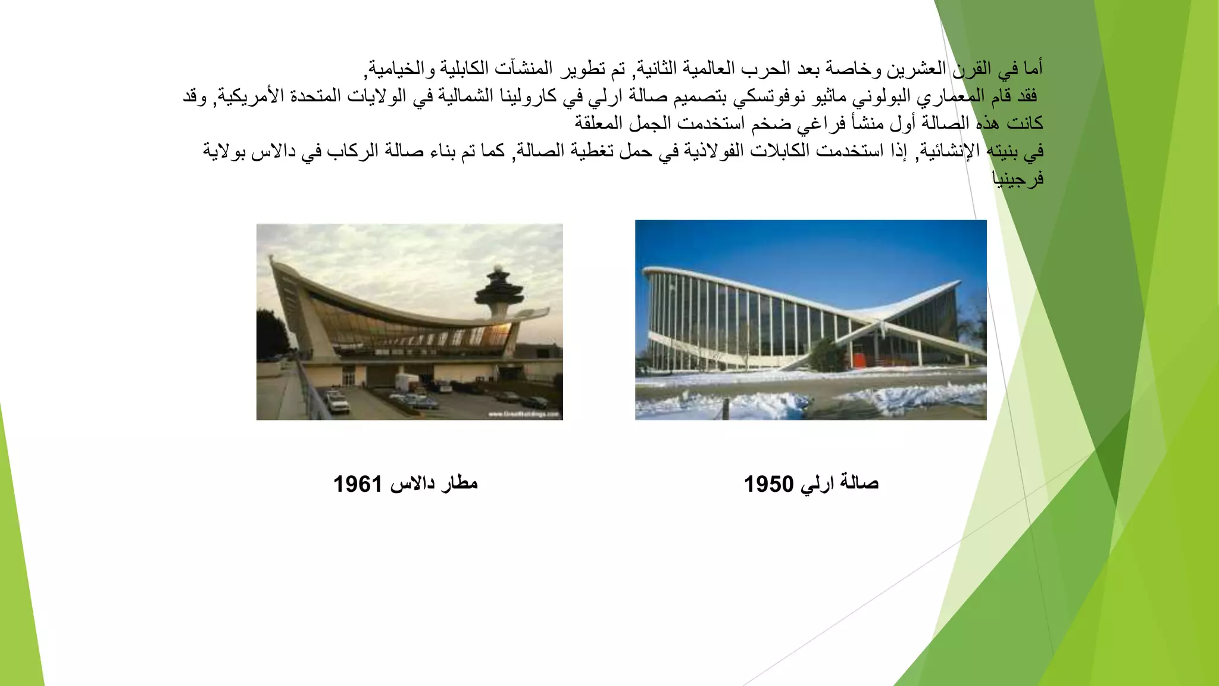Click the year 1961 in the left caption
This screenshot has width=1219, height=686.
(x=357, y=484)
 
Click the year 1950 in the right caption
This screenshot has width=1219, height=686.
(x=768, y=484)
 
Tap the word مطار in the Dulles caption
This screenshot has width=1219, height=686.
(x=459, y=482)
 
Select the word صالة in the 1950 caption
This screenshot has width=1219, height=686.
(x=859, y=482)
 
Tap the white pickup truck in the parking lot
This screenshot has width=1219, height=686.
(x=337, y=403)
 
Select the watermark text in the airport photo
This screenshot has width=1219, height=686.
(x=523, y=413)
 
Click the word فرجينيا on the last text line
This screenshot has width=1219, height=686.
(x=1018, y=177)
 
